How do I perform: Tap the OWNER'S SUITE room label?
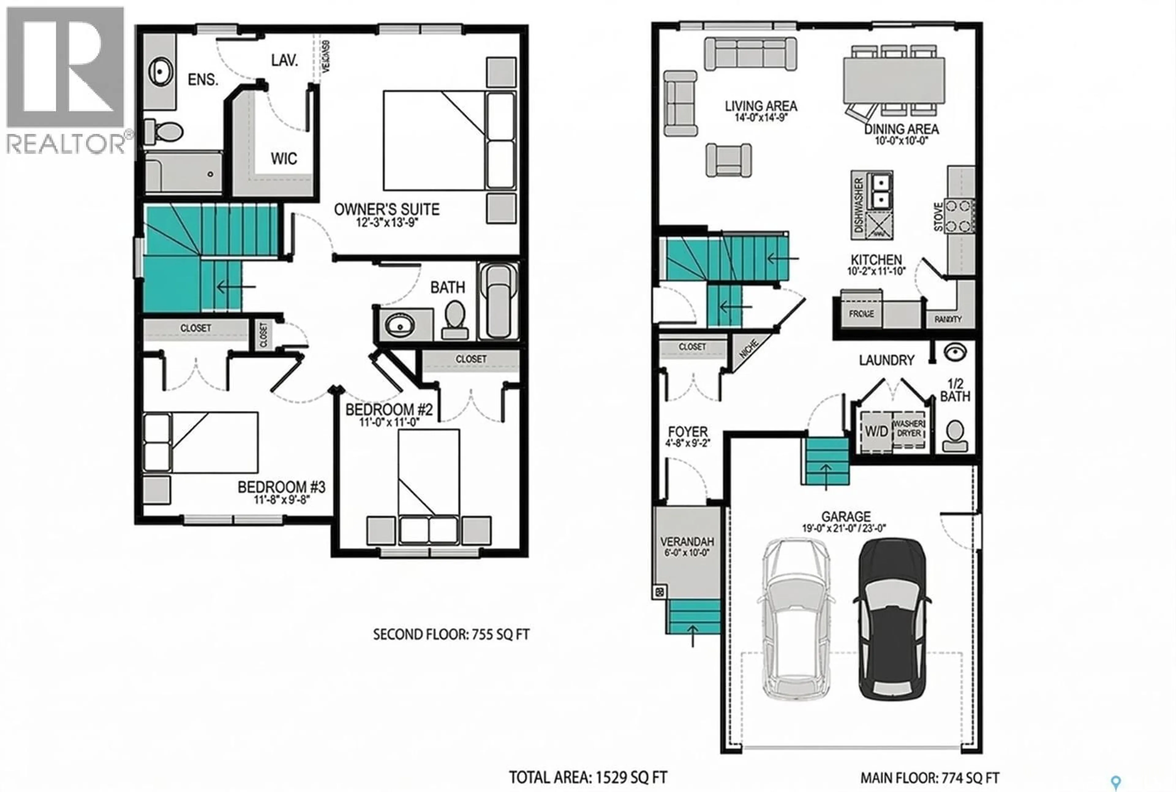pyautogui.click(x=387, y=209)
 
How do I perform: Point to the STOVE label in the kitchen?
pyautogui.click(x=938, y=217)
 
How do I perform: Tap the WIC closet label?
pyautogui.click(x=284, y=159)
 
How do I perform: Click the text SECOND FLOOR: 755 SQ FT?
pyautogui.click(x=451, y=635)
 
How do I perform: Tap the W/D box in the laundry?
pyautogui.click(x=876, y=431)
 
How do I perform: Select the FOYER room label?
pyautogui.click(x=687, y=432)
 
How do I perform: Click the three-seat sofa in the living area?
pyautogui.click(x=750, y=54)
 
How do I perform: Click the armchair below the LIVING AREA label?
pyautogui.click(x=728, y=160)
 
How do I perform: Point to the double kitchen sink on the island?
pyautogui.click(x=880, y=191)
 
